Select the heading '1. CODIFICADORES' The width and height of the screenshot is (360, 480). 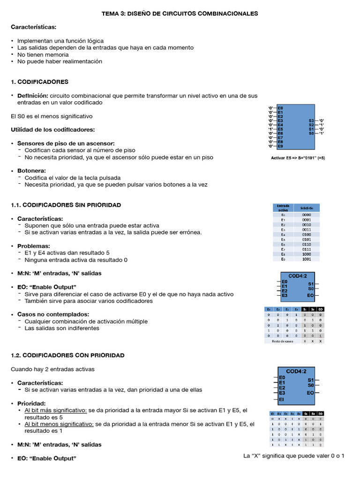click(39, 82)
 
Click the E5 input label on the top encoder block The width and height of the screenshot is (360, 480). click(280, 129)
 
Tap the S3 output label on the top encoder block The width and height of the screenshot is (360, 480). click(311, 120)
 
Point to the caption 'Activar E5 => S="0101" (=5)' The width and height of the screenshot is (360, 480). click(298, 158)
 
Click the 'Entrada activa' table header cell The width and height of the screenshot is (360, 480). click(283, 208)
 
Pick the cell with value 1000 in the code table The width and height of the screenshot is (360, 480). click(307, 254)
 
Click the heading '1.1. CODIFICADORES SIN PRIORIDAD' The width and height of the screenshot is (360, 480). click(66, 205)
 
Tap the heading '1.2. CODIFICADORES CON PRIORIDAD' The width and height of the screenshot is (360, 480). click(67, 355)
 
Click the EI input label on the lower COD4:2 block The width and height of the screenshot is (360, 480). click(281, 400)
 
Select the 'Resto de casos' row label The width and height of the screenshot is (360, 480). click(283, 341)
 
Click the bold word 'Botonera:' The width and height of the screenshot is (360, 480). click(31, 171)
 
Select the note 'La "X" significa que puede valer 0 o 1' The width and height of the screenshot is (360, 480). click(294, 456)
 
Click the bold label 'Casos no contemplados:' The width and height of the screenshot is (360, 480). click(53, 314)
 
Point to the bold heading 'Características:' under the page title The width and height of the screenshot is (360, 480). click(33, 27)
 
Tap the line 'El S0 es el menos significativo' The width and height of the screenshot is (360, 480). click(52, 116)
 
